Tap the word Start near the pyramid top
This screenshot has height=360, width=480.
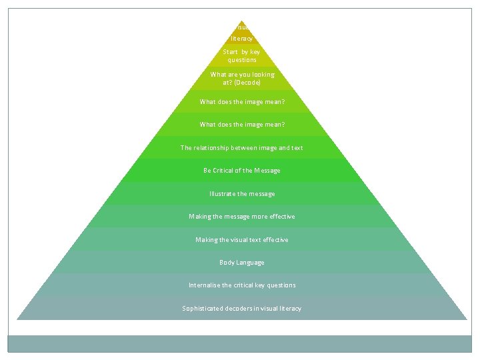[231, 52]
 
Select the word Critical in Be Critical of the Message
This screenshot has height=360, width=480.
[227, 171]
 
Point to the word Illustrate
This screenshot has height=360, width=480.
[222, 194]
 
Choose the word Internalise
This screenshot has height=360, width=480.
[205, 285]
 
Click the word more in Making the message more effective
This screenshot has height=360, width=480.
[257, 217]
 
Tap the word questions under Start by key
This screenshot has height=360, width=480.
[242, 60]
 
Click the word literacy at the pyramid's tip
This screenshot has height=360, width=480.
[242, 39]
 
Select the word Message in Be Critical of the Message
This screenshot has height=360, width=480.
[268, 171]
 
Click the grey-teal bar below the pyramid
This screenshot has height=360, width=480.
[239, 343]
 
